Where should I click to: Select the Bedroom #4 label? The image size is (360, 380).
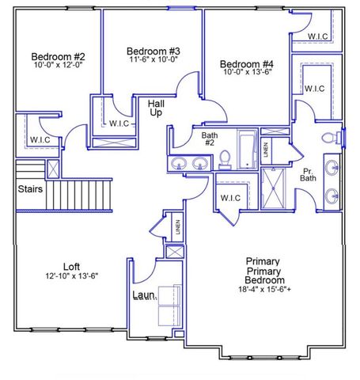[247, 64]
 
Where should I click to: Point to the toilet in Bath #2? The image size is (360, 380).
[225, 159]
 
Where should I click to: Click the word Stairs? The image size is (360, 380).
[30, 189]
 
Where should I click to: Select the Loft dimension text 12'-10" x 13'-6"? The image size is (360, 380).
[71, 276]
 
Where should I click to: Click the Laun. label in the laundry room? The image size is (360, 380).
[143, 295]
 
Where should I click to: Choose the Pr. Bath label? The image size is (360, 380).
[309, 175]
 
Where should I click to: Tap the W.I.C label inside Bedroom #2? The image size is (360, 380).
[40, 140]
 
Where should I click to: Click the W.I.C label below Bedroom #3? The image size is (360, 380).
[119, 123]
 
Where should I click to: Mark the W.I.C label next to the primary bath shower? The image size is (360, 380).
[230, 197]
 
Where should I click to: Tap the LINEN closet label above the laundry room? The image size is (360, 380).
[178, 228]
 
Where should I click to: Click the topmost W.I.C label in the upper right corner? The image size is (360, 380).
[318, 36]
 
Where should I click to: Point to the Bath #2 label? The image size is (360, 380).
[209, 139]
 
